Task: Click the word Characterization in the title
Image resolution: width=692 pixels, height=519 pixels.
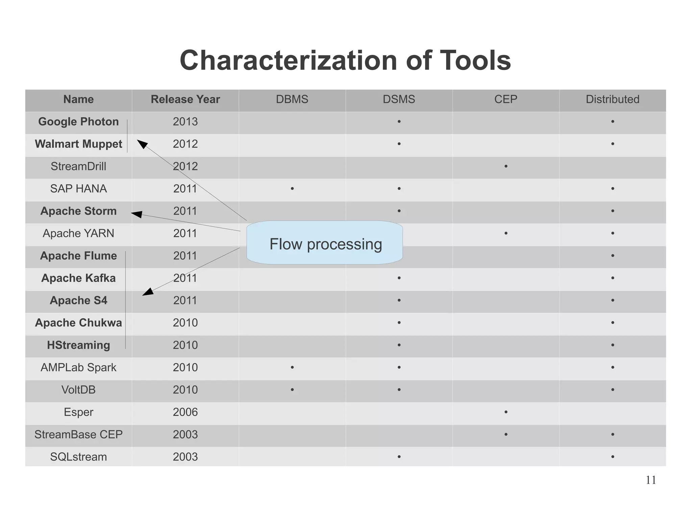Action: pyautogui.click(x=288, y=61)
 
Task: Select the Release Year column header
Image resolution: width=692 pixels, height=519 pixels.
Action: pyautogui.click(x=185, y=99)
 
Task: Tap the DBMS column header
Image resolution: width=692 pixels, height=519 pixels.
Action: pyautogui.click(x=292, y=99)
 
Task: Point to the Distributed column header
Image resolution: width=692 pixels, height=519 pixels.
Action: pyautogui.click(x=612, y=99)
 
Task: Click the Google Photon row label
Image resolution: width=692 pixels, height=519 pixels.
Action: pyautogui.click(x=78, y=122)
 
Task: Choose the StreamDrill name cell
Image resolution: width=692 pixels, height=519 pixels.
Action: pyautogui.click(x=78, y=166)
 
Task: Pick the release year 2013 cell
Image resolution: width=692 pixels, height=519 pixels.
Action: pyautogui.click(x=185, y=122)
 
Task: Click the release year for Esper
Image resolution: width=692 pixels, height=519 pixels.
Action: pyautogui.click(x=185, y=412)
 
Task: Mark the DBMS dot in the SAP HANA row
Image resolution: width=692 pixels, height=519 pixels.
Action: pyautogui.click(x=292, y=189)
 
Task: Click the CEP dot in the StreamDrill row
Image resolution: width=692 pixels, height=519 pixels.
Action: pyautogui.click(x=506, y=166)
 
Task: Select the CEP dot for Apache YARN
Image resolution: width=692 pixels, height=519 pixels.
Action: pyautogui.click(x=506, y=233)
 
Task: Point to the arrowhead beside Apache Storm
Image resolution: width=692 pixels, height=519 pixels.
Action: pyautogui.click(x=137, y=214)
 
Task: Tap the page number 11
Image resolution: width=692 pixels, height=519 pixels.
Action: pyautogui.click(x=650, y=480)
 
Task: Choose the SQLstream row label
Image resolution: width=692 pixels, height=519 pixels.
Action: pyautogui.click(x=78, y=457)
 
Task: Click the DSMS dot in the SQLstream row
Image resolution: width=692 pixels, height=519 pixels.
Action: pyautogui.click(x=399, y=457)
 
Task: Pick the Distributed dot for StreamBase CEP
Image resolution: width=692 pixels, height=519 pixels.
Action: pyautogui.click(x=613, y=434)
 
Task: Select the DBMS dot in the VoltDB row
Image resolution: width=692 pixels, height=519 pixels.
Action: pyautogui.click(x=292, y=390)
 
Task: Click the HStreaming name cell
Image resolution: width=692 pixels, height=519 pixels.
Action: pyautogui.click(x=78, y=345)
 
